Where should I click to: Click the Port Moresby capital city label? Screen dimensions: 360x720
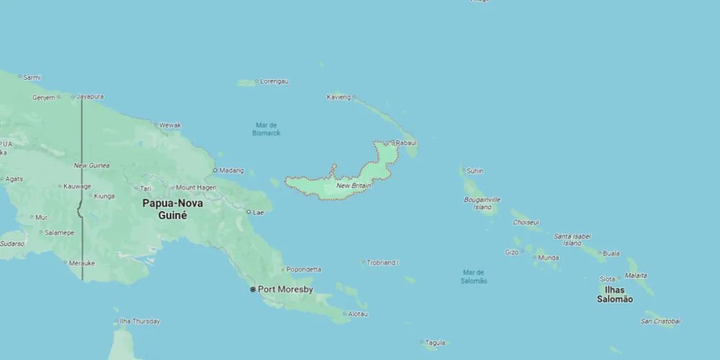click(285, 289)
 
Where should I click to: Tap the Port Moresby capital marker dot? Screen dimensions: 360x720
click(253, 289)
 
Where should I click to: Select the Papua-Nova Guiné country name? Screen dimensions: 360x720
click(173, 209)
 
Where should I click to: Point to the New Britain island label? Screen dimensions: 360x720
click(354, 186)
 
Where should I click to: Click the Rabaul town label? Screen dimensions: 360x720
click(407, 143)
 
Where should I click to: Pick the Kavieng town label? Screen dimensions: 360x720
click(338, 96)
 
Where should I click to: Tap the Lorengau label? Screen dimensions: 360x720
click(274, 81)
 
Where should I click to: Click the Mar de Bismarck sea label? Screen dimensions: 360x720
click(266, 129)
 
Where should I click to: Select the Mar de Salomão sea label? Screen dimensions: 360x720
click(474, 276)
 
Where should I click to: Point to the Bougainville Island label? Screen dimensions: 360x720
click(482, 203)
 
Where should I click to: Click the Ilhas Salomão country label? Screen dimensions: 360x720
click(615, 294)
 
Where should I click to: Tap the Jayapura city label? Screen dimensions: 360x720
click(90, 96)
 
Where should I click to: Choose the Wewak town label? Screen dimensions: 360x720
click(170, 125)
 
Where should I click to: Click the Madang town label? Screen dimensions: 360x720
click(231, 171)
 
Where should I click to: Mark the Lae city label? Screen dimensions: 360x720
click(257, 212)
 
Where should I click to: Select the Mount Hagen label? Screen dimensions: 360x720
click(196, 187)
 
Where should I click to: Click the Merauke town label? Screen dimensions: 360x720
click(82, 264)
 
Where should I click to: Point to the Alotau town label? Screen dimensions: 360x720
click(358, 314)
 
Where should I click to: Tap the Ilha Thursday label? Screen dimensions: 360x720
click(140, 321)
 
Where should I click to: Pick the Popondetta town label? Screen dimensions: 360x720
click(304, 269)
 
